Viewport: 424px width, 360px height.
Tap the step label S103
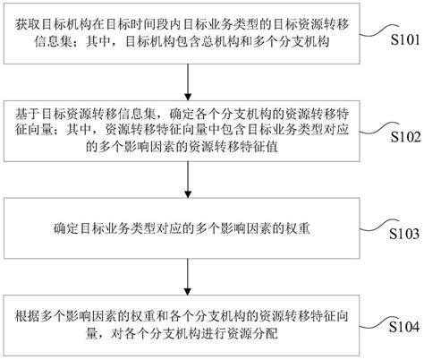pos(400,236)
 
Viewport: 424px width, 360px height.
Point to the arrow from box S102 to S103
pos(187,175)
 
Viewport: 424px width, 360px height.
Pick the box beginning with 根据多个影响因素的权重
pos(187,324)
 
